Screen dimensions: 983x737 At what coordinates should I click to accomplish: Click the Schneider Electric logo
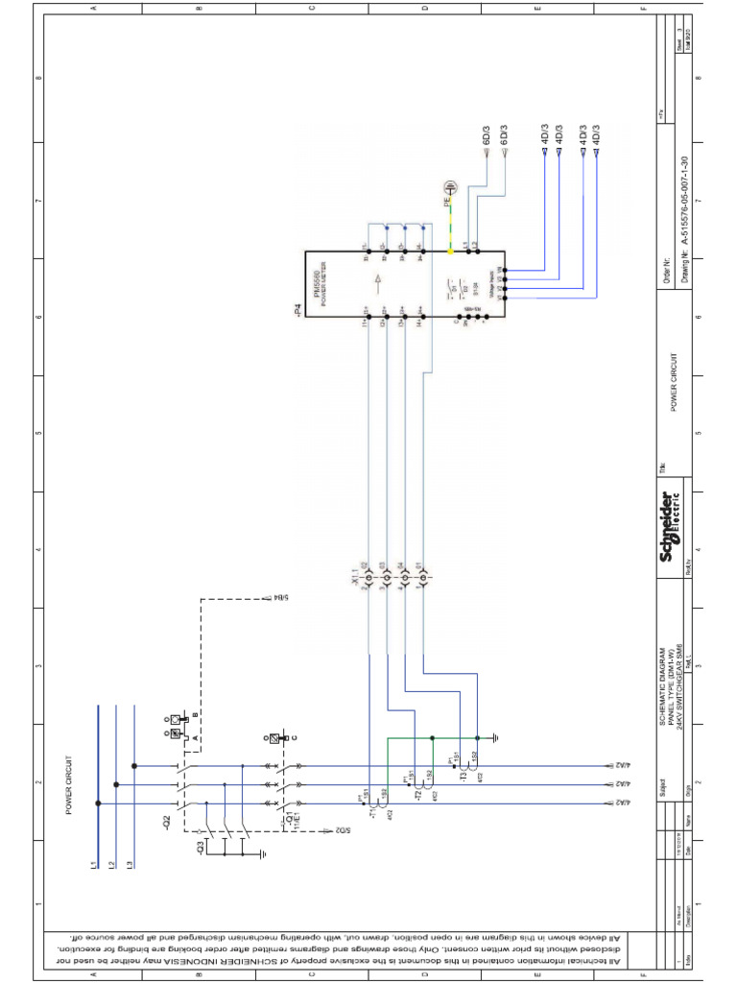click(670, 527)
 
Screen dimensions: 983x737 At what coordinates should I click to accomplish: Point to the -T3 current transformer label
click(464, 776)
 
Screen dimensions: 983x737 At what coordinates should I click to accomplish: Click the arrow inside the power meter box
click(379, 281)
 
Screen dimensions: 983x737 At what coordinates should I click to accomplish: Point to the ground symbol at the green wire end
click(495, 738)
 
